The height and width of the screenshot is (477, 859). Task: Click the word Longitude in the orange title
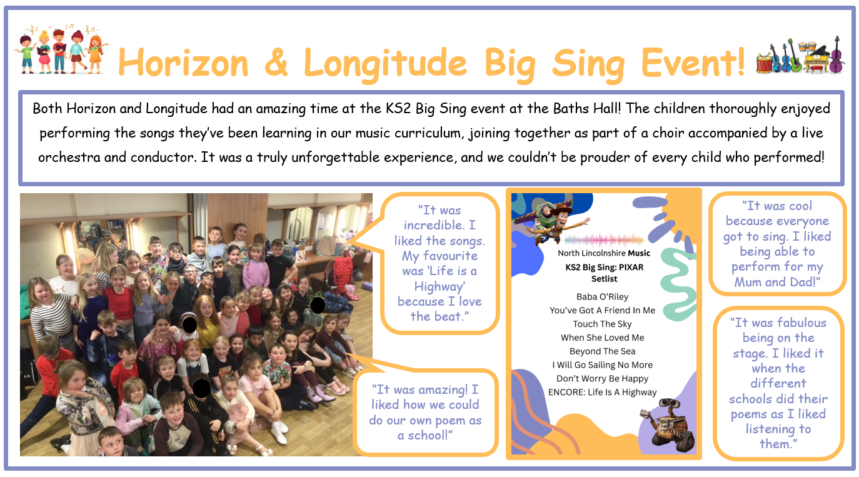tap(385, 64)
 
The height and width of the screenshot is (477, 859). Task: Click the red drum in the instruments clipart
tap(763, 63)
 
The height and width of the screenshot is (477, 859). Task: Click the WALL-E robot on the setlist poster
tap(668, 425)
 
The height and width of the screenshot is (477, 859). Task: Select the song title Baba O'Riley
tap(602, 297)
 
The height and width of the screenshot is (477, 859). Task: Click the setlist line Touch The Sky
tap(602, 324)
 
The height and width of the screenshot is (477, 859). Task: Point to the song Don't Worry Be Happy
tap(602, 378)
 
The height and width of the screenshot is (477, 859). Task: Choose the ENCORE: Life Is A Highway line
tap(602, 392)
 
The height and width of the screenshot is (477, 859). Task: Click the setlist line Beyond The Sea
tap(602, 351)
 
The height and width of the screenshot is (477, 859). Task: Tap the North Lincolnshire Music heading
tap(603, 253)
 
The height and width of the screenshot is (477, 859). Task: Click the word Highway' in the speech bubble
tap(440, 287)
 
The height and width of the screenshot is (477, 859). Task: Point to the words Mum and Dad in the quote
tap(774, 282)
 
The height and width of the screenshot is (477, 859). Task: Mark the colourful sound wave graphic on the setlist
tap(603, 240)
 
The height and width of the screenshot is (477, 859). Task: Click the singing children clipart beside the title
tap(61, 49)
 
